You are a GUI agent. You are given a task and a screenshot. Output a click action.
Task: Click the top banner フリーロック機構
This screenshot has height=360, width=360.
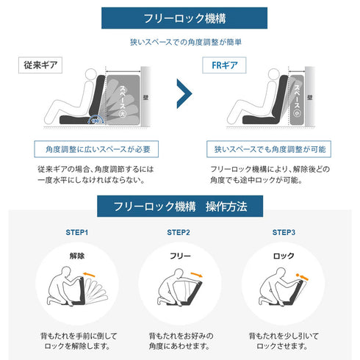[x=179, y=18]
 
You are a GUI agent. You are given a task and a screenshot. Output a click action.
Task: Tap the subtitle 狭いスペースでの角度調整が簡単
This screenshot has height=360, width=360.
[x=179, y=43]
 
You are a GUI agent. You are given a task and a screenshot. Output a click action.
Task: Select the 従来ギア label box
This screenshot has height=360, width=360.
[x=40, y=65]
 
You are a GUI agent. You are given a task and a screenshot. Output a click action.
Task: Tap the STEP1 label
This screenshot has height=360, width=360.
[x=75, y=233]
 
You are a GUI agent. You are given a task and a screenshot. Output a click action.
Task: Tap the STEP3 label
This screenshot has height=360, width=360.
[x=284, y=233]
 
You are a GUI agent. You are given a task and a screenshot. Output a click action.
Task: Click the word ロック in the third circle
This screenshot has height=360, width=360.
[x=284, y=257]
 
